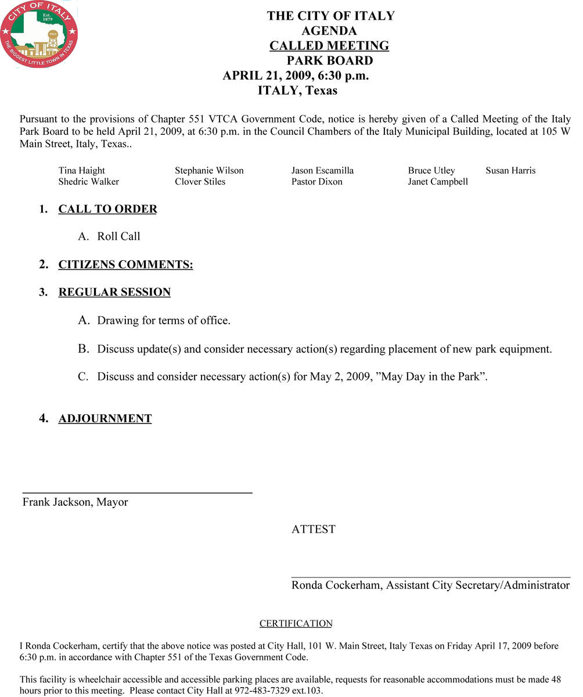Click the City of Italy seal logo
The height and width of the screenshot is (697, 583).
point(39,34)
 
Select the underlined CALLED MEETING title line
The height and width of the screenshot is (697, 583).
point(329,46)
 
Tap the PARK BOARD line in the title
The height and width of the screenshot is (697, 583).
point(329,61)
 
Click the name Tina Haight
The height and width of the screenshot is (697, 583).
point(82,171)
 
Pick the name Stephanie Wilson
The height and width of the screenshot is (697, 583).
point(209,171)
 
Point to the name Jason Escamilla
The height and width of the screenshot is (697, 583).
point(322,171)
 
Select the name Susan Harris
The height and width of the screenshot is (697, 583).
point(510,171)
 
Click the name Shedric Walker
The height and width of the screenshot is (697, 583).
point(89,182)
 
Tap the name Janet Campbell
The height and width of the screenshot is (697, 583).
point(438,182)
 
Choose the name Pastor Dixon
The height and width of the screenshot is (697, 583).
point(317,182)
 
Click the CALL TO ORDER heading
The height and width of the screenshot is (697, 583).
point(107,209)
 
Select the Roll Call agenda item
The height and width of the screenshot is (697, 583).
point(118,236)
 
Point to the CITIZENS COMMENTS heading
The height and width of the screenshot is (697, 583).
point(125,265)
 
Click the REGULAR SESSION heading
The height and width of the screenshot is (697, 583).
point(114,292)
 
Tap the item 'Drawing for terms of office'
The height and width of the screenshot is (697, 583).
point(164,321)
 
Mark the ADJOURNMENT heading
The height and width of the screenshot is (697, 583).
point(105,419)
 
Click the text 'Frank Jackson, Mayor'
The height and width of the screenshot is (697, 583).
point(75,502)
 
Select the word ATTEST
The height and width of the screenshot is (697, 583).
point(314,530)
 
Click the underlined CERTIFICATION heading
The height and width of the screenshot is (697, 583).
point(296,624)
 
